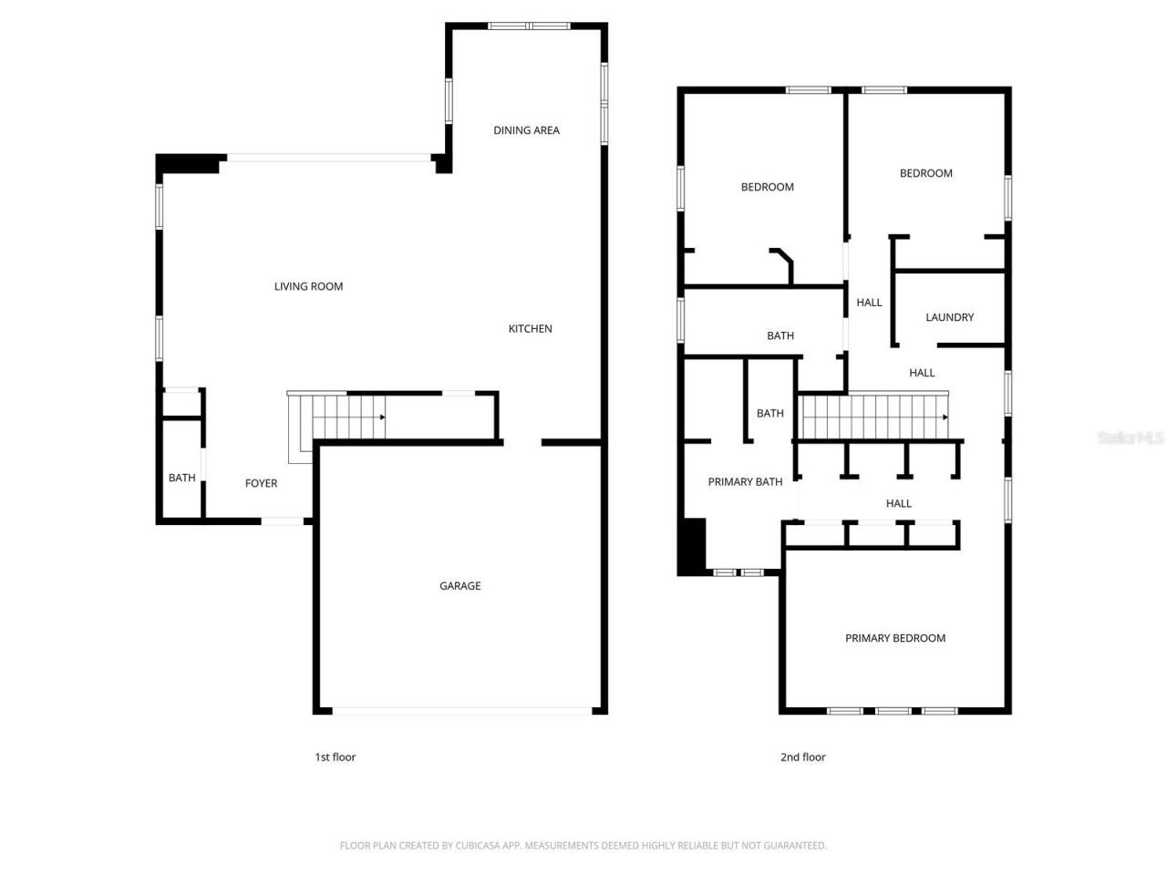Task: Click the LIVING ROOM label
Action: coord(308,286)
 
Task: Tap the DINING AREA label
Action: coord(526,130)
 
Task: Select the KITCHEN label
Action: coord(530,329)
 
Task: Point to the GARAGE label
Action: coord(460,586)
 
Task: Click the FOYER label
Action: coord(261,483)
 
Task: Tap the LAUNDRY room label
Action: coord(949,317)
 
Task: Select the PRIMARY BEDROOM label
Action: coord(894,638)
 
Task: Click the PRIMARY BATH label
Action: coord(745,482)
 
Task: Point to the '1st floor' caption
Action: coord(335,757)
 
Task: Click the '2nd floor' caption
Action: coord(802,757)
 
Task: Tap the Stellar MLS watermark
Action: coord(1131,438)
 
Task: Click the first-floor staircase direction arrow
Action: coord(382,417)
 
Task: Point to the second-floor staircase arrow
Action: coord(945,417)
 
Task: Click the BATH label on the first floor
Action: coord(181,478)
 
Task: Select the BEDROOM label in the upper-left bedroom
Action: coord(767,187)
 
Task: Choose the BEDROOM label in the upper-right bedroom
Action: coord(925,173)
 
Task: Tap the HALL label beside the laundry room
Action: coord(869,303)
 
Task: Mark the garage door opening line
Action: coord(460,710)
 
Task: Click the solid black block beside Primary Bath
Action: coord(693,546)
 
